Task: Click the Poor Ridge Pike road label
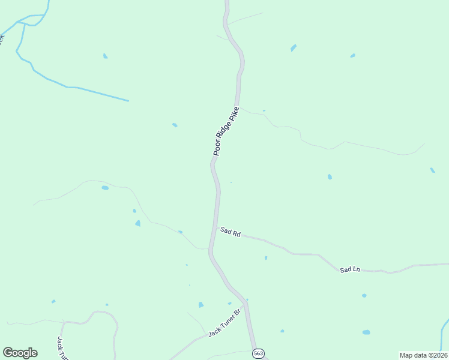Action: [x=226, y=131]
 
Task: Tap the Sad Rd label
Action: [x=230, y=232]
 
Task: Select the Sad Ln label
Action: [x=349, y=269]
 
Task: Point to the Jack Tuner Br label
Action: [x=224, y=324]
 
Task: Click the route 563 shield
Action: [x=258, y=353]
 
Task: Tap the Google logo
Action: [x=20, y=353]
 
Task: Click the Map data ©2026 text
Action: [x=423, y=355]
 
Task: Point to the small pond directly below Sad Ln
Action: [x=364, y=295]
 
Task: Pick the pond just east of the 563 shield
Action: [x=282, y=331]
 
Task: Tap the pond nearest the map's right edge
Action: [x=432, y=170]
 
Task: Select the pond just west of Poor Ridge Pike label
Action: [x=175, y=125]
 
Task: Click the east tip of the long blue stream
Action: [x=127, y=100]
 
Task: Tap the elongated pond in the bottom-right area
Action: [x=366, y=332]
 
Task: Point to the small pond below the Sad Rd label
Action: [x=266, y=258]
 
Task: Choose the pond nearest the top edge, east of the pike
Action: [x=294, y=47]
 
